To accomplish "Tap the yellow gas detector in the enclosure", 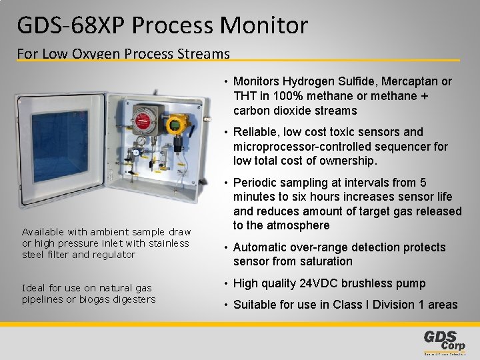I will coord(177,125).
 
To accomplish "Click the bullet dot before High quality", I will coord(226,283).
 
